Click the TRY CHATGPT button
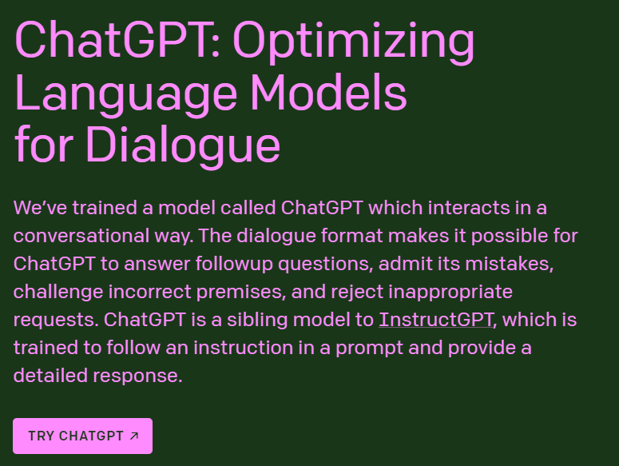(x=82, y=436)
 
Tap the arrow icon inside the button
(x=134, y=436)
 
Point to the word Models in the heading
(x=328, y=93)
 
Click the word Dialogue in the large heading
(x=183, y=145)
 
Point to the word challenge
(x=54, y=292)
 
